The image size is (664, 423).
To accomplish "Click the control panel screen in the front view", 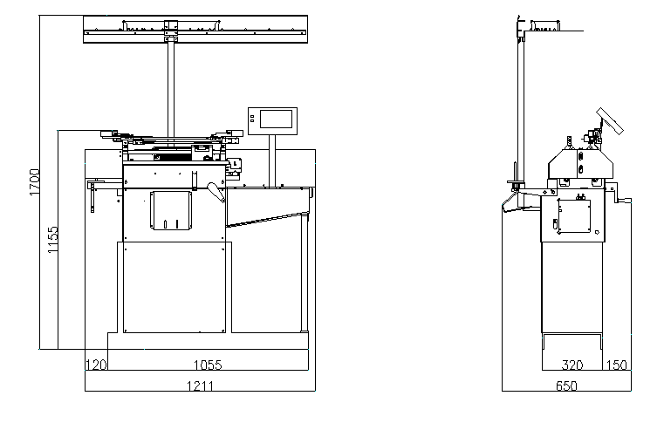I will coord(274,120).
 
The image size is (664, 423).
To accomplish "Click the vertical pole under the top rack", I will coord(170,87).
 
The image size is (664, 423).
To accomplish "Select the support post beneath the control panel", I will coord(274,161).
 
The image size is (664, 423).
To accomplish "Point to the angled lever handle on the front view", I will coord(213,190).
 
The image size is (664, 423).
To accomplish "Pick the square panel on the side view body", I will coord(573,216).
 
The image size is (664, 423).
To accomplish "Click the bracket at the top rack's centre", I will coord(170,35).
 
